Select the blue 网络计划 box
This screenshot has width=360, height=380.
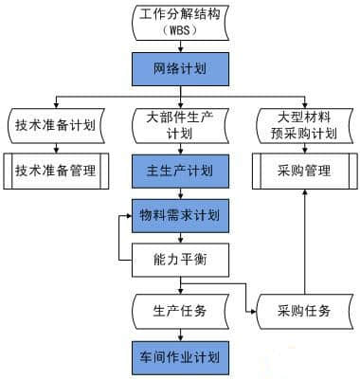tap(179, 69)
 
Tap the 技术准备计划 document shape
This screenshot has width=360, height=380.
tap(58, 126)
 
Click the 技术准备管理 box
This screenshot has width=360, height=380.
tap(58, 172)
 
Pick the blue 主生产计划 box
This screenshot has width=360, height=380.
tap(179, 172)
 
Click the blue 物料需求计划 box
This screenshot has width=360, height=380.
tap(179, 215)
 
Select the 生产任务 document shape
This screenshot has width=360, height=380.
tap(179, 311)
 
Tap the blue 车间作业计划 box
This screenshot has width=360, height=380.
tap(179, 357)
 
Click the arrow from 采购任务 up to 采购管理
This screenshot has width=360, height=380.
tap(305, 237)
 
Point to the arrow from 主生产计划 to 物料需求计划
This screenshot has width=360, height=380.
tap(179, 193)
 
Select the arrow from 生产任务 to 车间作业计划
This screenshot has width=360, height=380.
tap(179, 334)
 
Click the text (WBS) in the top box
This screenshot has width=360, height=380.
tap(179, 29)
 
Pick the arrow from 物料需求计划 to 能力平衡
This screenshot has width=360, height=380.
tap(179, 237)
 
